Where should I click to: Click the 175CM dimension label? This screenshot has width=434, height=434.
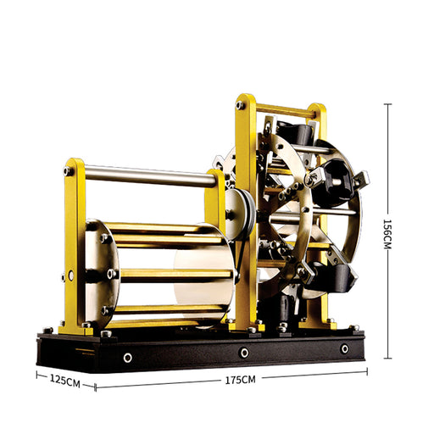[x=240, y=380]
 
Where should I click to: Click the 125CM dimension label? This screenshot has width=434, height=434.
[x=65, y=381]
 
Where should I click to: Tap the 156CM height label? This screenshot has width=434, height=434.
[x=387, y=234]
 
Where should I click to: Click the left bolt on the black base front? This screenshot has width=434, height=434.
[x=128, y=358]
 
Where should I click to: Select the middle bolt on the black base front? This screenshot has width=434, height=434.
[x=244, y=353]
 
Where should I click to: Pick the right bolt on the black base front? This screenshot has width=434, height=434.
[x=345, y=348]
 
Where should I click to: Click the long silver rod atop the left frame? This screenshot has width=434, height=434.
[x=150, y=176]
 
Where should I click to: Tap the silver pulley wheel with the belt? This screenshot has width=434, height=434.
[x=239, y=214]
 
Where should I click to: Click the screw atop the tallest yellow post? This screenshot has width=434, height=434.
[x=240, y=105]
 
